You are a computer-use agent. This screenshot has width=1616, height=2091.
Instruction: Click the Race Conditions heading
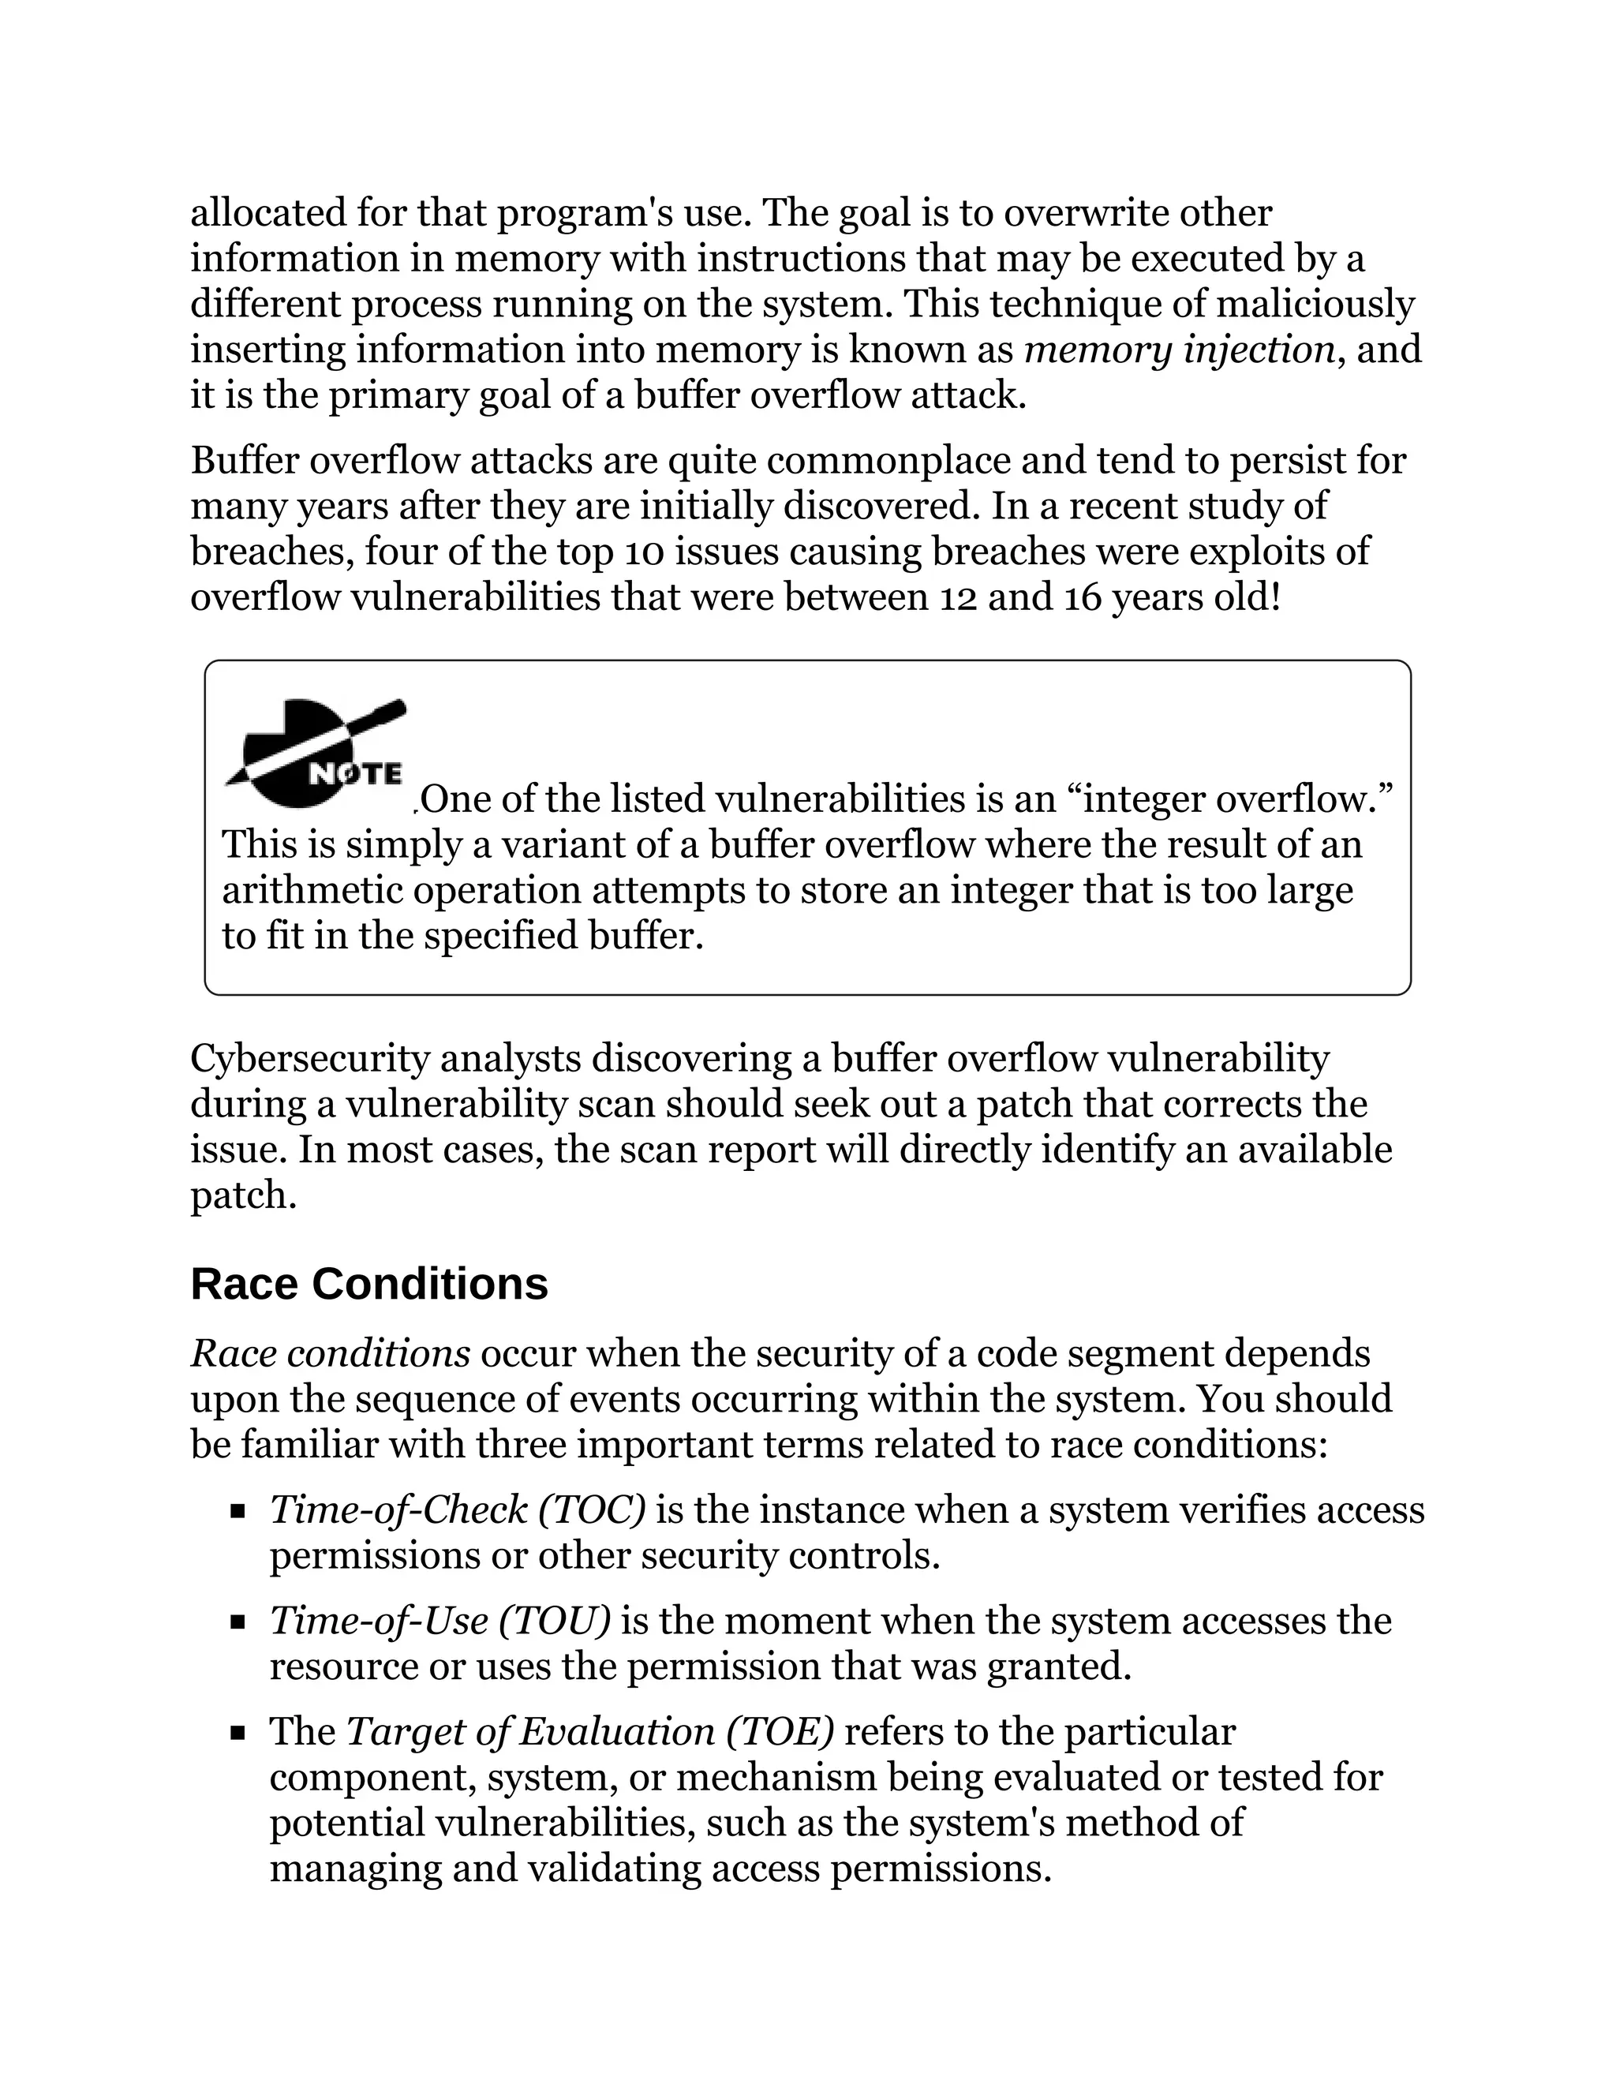[368, 1284]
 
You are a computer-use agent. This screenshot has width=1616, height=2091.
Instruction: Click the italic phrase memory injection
[1180, 350]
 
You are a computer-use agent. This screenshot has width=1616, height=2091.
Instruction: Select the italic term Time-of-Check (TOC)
[458, 1509]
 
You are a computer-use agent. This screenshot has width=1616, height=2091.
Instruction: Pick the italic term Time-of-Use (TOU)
[440, 1621]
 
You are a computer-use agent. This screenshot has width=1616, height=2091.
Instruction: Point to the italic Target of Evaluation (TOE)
[589, 1731]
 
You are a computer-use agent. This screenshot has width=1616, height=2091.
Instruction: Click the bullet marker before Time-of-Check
[238, 1513]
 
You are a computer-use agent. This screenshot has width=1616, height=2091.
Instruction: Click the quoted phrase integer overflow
[1227, 799]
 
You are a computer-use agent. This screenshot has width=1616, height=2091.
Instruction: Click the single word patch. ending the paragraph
[244, 1195]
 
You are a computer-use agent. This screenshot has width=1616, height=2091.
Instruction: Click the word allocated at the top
[268, 212]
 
